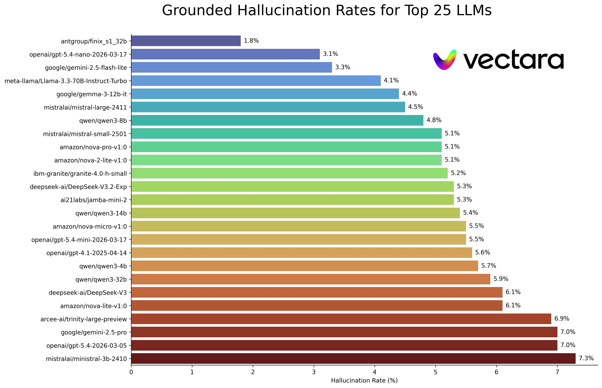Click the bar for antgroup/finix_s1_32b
(x=186, y=41)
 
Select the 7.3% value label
(x=586, y=358)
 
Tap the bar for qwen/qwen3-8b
(x=277, y=120)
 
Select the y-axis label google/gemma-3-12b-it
(x=92, y=94)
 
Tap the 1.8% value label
(x=251, y=41)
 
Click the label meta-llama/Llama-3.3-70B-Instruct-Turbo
(x=66, y=81)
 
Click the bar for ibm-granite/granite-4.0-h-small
(x=289, y=173)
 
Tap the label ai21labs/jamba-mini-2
(x=94, y=200)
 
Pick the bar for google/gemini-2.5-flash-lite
(x=232, y=67)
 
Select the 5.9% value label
(x=501, y=279)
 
